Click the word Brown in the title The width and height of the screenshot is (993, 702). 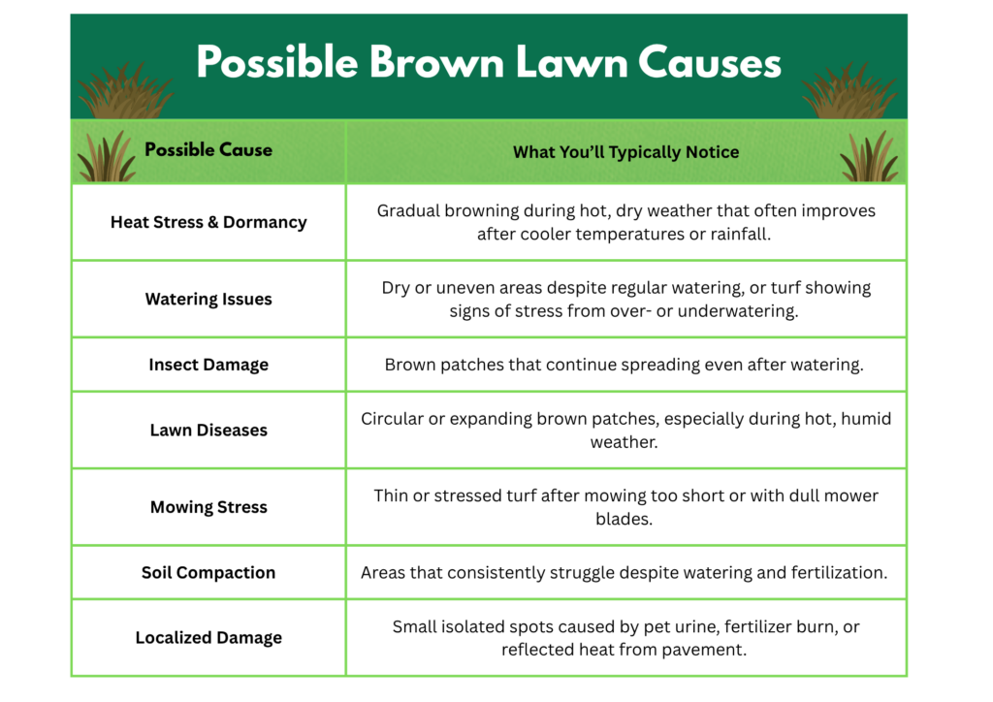436,62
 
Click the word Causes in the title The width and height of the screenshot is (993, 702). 709,62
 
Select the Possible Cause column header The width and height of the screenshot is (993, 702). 208,150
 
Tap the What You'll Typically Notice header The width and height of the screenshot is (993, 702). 625,152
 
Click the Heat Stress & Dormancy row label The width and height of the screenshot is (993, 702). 208,222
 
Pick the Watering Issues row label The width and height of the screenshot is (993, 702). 208,299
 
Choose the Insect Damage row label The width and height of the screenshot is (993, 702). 208,365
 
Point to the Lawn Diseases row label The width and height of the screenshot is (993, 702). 208,430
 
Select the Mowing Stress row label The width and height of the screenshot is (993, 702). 208,507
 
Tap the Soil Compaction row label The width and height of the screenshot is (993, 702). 208,572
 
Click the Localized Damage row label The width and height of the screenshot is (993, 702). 208,637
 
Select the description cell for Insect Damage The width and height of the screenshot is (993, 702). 625,365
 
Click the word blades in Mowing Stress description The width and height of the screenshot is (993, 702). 623,519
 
